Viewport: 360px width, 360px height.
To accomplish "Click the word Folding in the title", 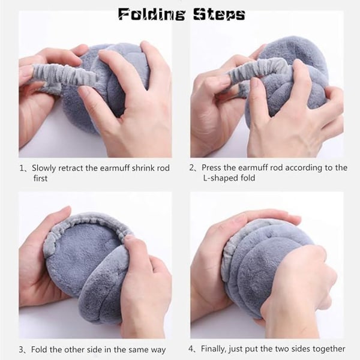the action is (152, 14).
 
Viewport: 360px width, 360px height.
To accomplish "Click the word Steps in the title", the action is (219, 14).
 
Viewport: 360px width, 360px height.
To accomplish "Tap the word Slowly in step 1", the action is (44, 168).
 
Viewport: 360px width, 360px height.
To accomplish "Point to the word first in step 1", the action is (40, 178).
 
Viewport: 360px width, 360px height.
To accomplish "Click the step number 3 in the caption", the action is (22, 350).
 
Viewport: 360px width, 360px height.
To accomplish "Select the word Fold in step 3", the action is (39, 349).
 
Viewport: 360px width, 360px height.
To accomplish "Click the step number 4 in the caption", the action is (191, 349).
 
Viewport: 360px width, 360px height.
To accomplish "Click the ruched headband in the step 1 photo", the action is (64, 76).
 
